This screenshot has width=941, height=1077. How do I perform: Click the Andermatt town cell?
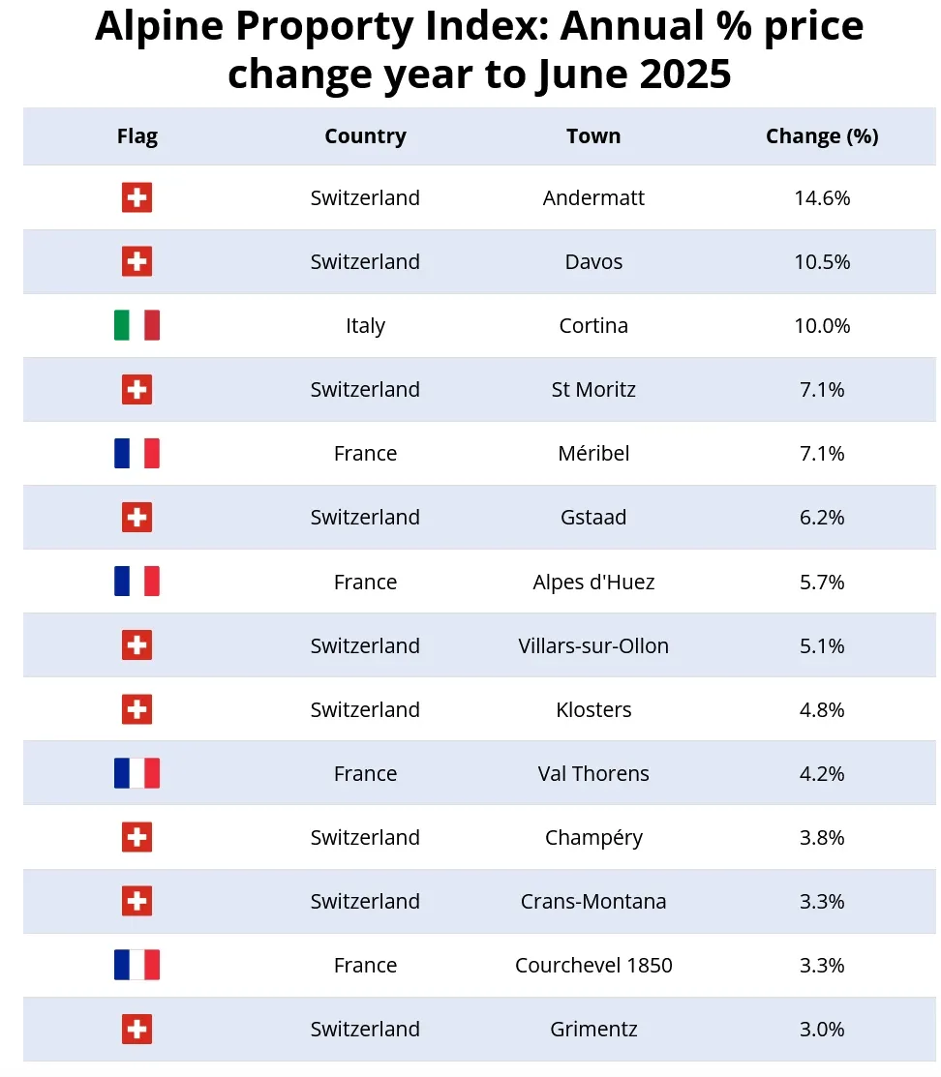593,198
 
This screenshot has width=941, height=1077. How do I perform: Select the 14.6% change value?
822,198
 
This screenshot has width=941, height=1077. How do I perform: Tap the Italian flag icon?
137,326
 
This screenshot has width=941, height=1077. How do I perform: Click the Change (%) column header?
822,136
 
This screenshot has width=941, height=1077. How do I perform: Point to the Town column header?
593,136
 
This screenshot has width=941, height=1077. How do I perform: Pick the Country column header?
365,136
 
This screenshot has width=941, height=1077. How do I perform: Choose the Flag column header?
137,136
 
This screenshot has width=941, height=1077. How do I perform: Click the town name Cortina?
593,326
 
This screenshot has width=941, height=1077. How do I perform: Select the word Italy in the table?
365,326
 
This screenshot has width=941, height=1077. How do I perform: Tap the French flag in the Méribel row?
137,454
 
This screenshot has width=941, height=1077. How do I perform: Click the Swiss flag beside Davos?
137,262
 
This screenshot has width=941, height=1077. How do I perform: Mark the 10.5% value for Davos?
822,262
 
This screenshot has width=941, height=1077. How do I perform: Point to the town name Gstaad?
593,518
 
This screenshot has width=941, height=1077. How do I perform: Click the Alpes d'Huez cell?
593,583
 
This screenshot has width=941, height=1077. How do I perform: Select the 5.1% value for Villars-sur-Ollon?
822,646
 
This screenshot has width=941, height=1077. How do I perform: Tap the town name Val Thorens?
593,774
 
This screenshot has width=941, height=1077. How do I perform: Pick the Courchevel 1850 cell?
593,966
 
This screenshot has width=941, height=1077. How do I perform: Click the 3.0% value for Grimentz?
822,1030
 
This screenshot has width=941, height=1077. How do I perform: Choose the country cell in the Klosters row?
365,710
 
